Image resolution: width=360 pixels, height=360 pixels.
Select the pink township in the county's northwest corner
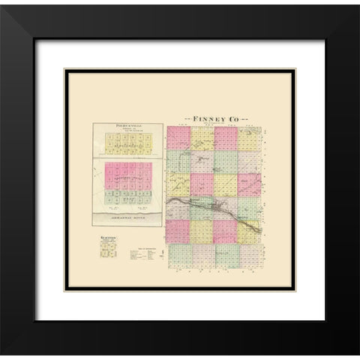click(178, 138)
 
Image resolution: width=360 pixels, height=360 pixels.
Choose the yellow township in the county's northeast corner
click(252, 138)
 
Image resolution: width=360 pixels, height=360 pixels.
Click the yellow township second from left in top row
click(202, 138)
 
